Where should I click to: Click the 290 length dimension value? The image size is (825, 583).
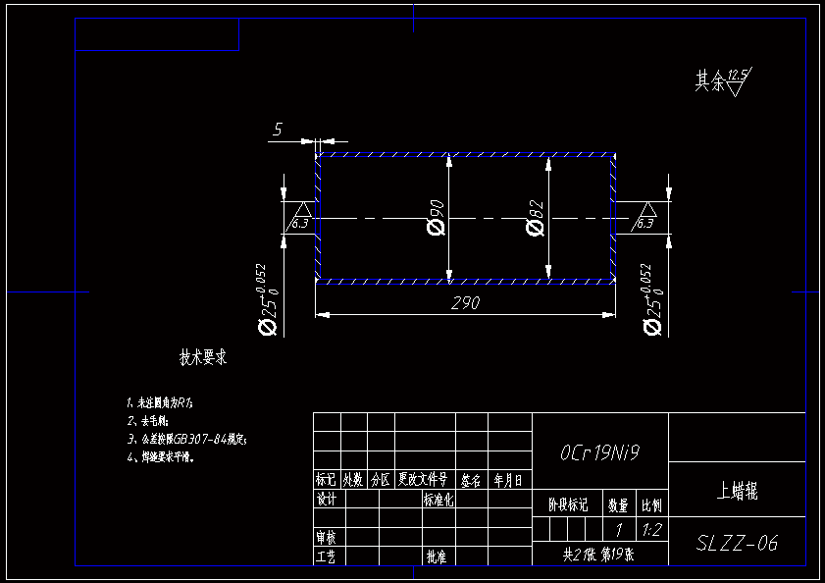(x=466, y=303)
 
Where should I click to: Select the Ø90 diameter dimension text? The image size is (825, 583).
(x=436, y=217)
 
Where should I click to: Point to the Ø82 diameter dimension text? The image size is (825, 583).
(x=536, y=217)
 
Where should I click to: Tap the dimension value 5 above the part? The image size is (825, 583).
(x=278, y=129)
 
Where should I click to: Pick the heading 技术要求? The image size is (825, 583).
(x=203, y=357)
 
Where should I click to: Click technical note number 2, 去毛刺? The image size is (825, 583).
(x=148, y=421)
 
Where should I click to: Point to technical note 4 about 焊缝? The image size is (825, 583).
(x=161, y=456)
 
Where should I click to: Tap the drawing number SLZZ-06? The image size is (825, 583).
(x=737, y=543)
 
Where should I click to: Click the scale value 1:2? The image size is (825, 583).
(x=650, y=530)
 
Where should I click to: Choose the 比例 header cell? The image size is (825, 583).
(x=651, y=505)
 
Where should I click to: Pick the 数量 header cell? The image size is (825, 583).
(x=618, y=505)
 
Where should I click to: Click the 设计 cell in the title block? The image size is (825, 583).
(x=327, y=499)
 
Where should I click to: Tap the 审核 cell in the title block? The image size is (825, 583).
(x=327, y=538)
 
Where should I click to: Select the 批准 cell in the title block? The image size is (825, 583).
(x=437, y=556)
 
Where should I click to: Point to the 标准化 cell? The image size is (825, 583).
(x=438, y=499)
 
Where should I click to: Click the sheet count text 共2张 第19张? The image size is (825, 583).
(x=598, y=554)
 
